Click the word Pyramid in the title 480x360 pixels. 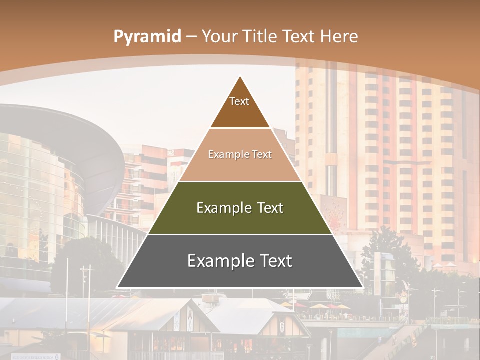(147, 37)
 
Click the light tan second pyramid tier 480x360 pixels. (240, 167)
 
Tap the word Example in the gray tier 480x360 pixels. (218, 261)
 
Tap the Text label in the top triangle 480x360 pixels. (239, 101)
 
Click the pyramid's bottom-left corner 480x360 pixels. (117, 287)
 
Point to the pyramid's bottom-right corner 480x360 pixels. (363, 287)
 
